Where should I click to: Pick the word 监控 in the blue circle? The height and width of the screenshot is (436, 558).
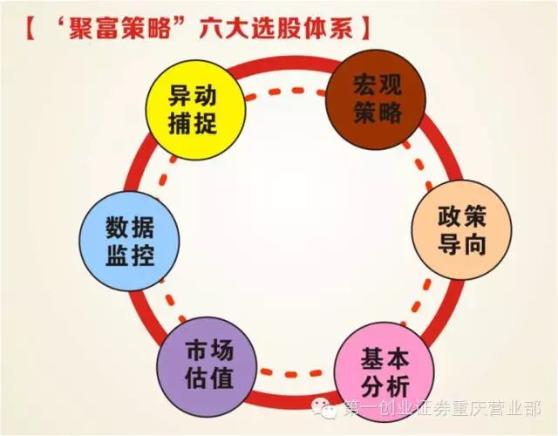pos(129,257)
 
